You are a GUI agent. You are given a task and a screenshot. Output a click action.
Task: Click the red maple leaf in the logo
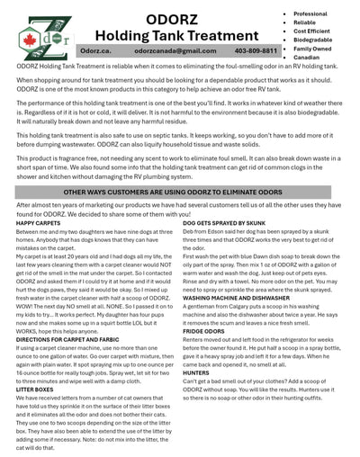coord(28,39)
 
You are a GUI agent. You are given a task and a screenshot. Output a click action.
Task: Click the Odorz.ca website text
coord(95,51)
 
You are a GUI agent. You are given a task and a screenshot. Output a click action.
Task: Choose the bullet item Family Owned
coord(311,48)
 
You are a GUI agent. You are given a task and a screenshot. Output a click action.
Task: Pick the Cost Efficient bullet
coord(312,31)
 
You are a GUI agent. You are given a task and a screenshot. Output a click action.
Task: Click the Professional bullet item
coord(310,13)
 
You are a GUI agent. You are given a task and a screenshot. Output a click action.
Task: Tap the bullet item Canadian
coord(306,57)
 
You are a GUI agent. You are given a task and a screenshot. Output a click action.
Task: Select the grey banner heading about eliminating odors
coord(179,192)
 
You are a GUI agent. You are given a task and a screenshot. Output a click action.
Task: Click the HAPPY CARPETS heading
coord(37,223)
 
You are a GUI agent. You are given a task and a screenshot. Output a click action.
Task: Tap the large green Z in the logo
coord(38,36)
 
